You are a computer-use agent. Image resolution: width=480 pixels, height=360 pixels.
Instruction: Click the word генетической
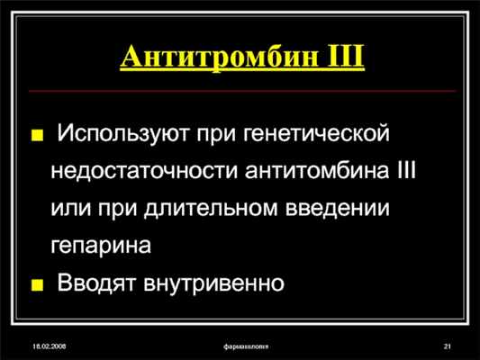pos(316,135)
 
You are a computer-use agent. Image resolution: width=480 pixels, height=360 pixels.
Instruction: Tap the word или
pos(75,207)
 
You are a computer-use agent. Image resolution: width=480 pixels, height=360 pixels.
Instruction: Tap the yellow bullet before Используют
pos(37,137)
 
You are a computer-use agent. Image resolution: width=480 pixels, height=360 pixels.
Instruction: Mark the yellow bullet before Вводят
pos(37,285)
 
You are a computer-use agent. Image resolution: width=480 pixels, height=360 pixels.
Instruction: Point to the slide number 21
pos(447,346)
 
